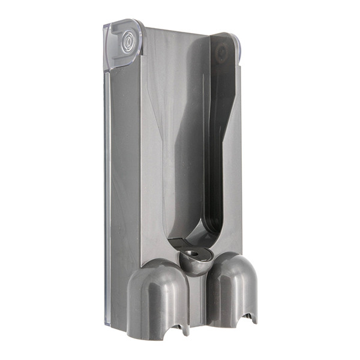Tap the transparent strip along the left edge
click(106, 180)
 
